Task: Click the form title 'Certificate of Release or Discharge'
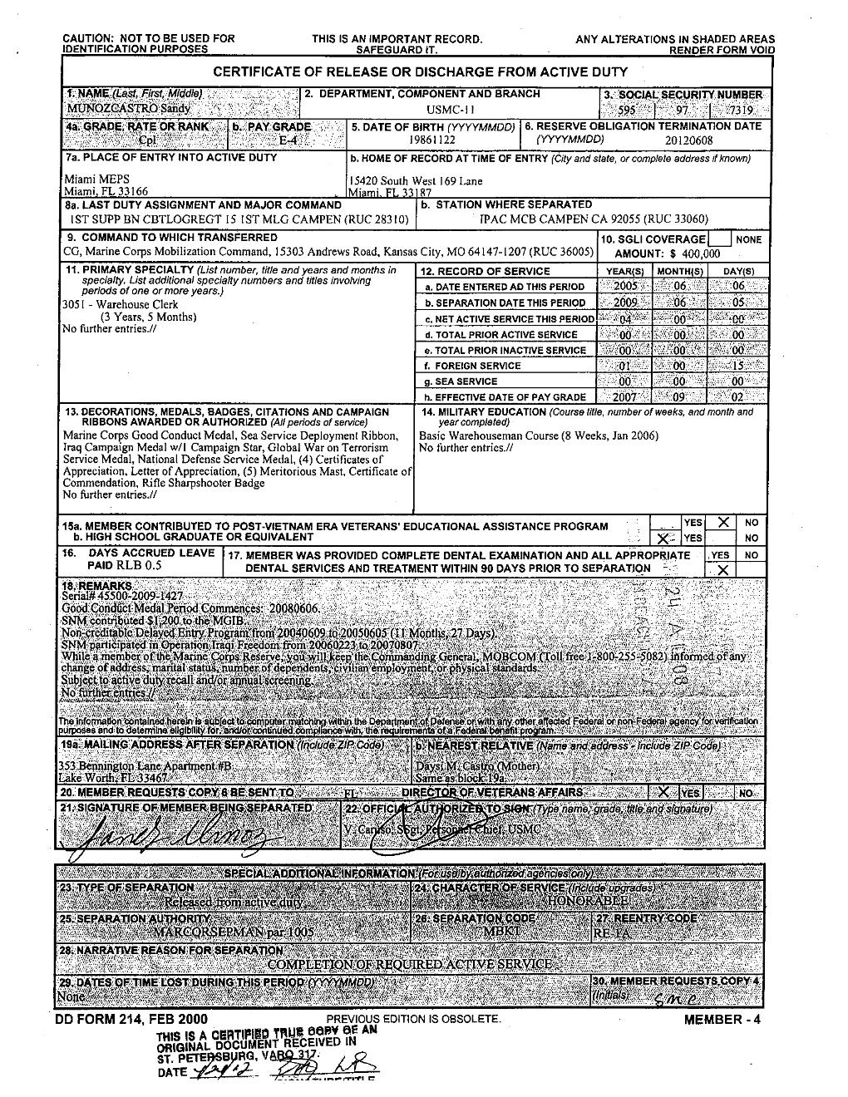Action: (x=420, y=72)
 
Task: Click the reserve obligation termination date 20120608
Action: (x=688, y=140)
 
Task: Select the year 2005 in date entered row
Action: (x=625, y=287)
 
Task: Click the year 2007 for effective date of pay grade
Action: (x=625, y=397)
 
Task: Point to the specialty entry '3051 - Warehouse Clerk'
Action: (x=121, y=304)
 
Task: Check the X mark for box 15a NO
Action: (x=724, y=522)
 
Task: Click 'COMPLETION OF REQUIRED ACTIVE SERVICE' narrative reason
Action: (x=410, y=964)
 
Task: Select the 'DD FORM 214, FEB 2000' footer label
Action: (x=131, y=1020)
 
